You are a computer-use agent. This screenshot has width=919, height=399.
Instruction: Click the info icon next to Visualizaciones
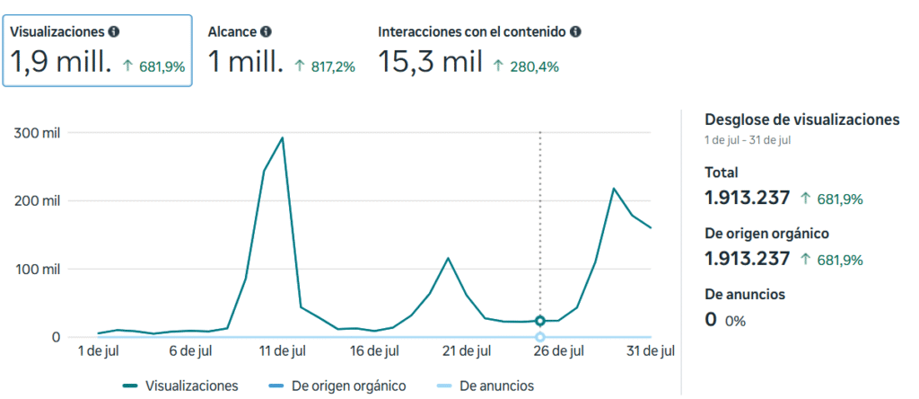pyautogui.click(x=114, y=31)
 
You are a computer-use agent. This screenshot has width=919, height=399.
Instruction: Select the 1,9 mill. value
pyautogui.click(x=61, y=62)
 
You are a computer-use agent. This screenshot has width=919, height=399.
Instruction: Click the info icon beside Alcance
pyautogui.click(x=267, y=31)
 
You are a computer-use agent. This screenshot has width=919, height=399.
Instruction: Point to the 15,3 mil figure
pyautogui.click(x=430, y=62)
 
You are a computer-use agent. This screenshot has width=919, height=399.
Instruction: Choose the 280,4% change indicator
pyautogui.click(x=528, y=66)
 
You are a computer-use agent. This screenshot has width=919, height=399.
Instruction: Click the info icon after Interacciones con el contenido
pyautogui.click(x=575, y=31)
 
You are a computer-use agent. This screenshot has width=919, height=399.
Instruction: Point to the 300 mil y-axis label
pyautogui.click(x=38, y=133)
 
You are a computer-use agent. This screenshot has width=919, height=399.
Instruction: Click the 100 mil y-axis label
pyautogui.click(x=38, y=270)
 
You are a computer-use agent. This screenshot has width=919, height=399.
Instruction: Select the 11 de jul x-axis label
pyautogui.click(x=283, y=350)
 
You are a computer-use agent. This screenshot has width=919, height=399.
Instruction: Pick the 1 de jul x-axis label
pyautogui.click(x=99, y=350)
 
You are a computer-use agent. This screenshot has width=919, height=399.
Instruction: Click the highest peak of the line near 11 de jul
pyautogui.click(x=282, y=138)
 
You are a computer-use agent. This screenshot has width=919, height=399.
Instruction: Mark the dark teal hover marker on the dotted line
pyautogui.click(x=540, y=321)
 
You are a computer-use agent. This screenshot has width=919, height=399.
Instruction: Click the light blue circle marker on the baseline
pyautogui.click(x=540, y=337)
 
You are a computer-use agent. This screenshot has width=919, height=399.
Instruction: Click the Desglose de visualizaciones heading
pyautogui.click(x=801, y=120)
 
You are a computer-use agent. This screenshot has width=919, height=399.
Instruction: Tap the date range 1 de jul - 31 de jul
pyautogui.click(x=747, y=140)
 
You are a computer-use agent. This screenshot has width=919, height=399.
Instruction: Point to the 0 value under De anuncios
pyautogui.click(x=711, y=319)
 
